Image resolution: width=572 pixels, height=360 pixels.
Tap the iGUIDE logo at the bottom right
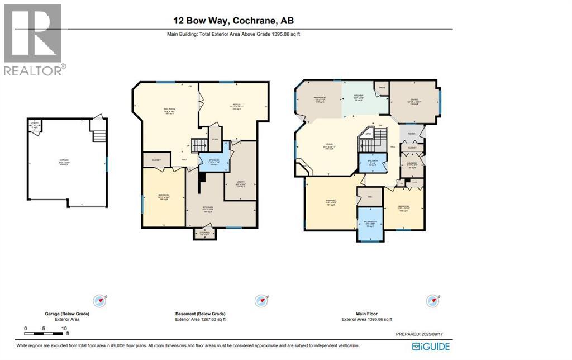(432, 347)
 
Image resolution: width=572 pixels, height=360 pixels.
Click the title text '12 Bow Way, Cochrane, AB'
(233, 21)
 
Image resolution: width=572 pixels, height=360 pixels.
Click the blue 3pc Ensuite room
(370, 223)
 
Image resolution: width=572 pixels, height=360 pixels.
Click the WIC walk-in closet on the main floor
(369, 196)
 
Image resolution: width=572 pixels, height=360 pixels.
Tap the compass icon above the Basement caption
(260, 301)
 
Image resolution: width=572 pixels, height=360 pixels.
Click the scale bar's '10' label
(64, 328)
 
